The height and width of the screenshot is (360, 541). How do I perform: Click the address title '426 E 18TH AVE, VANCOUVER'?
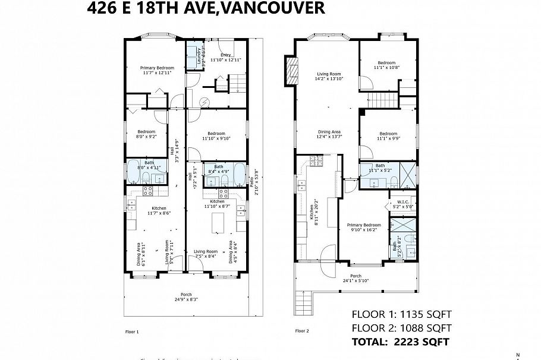click(x=206, y=8)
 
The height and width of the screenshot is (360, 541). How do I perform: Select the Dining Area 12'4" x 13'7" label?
click(x=329, y=134)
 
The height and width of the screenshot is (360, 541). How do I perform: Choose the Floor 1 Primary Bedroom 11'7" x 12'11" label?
click(x=158, y=71)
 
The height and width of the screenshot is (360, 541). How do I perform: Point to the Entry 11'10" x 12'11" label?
click(x=225, y=58)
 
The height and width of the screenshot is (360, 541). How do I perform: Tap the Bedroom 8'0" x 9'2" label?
click(x=146, y=134)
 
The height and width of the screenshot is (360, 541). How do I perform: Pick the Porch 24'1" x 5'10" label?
click(x=355, y=279)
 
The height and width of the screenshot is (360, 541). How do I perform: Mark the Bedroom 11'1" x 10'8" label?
click(x=387, y=65)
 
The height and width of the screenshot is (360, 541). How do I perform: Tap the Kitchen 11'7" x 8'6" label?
click(x=159, y=210)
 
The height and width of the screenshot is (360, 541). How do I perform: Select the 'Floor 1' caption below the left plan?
click(x=131, y=331)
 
